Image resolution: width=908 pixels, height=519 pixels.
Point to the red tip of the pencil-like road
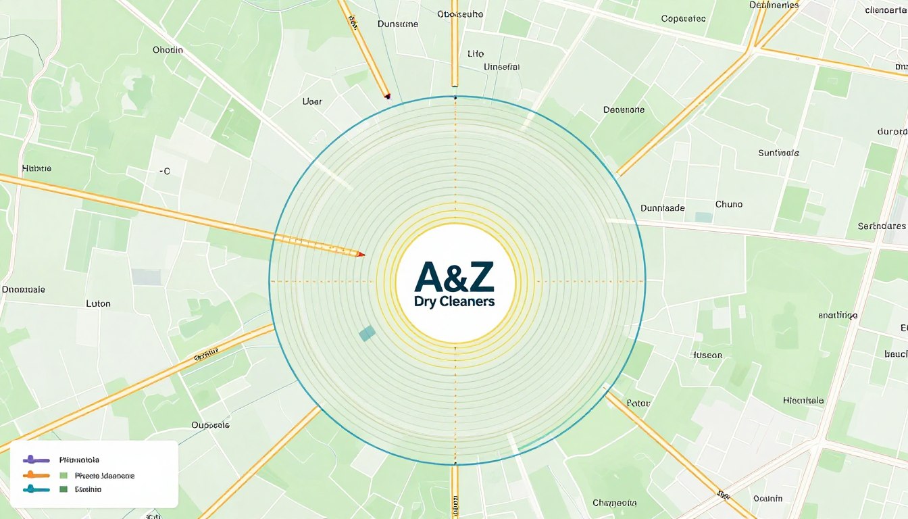(x=361, y=254)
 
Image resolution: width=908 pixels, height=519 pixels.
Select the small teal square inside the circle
(x=367, y=332)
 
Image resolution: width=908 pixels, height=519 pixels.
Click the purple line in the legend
(x=36, y=460)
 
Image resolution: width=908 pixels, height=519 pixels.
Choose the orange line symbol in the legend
(x=36, y=475)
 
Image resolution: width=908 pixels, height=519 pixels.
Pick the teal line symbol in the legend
(x=36, y=489)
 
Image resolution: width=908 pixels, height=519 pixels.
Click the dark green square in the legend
(x=64, y=489)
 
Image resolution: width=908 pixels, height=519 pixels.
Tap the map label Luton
(x=99, y=303)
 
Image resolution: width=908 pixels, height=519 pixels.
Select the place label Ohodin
(x=168, y=50)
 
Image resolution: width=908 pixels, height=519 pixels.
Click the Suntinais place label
(x=779, y=153)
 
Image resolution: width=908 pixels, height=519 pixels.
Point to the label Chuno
(x=728, y=204)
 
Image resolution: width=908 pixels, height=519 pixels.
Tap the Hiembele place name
(x=803, y=400)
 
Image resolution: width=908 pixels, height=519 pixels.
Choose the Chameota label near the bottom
(x=614, y=503)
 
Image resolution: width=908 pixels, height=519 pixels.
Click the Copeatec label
(x=683, y=19)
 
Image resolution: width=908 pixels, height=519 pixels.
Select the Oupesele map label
(x=210, y=425)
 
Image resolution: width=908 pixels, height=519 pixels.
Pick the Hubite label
(x=36, y=168)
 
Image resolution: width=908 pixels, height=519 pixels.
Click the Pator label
(x=638, y=403)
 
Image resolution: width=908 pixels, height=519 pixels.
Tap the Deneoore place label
(x=624, y=109)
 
